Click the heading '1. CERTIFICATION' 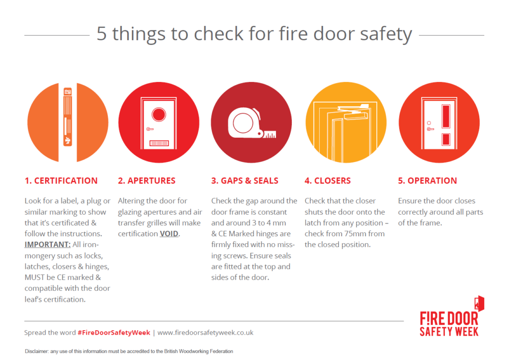(x=61, y=180)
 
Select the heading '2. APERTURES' (x=147, y=180)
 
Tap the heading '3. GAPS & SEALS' (x=245, y=180)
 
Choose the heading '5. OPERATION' (x=427, y=180)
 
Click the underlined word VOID (x=169, y=234)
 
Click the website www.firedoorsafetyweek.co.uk (x=205, y=332)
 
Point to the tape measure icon (x=249, y=124)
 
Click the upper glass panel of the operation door (x=445, y=116)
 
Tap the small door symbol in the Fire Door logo (x=479, y=304)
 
